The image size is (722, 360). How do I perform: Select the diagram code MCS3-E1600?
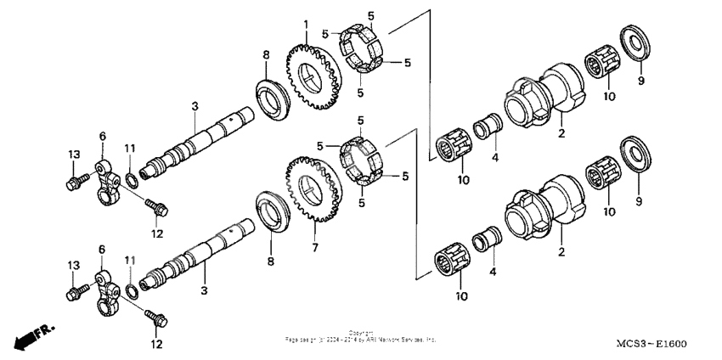tap(651, 345)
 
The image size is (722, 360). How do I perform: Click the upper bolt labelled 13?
tap(75, 181)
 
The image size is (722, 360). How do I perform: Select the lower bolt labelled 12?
tap(156, 319)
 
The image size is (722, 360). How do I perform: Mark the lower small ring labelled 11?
tap(132, 291)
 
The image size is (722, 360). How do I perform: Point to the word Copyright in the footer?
tap(360, 332)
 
